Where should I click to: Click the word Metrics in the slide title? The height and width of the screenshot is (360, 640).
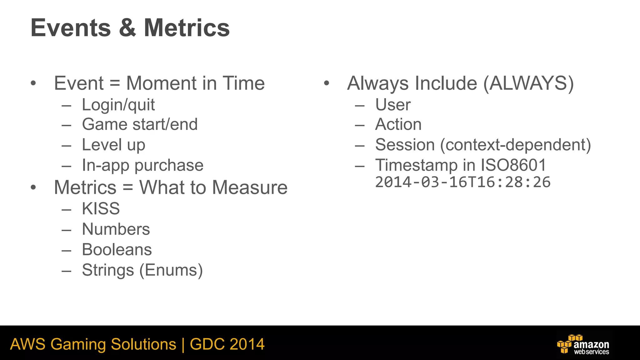coord(187,28)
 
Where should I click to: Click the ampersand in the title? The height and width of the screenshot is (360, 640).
coord(127,28)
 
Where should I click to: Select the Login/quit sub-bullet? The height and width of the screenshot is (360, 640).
coord(118,105)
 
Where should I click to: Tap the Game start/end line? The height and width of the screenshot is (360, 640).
coord(140,124)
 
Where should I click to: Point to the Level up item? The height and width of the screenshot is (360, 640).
coord(113,145)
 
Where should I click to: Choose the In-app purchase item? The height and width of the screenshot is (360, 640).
coord(142,165)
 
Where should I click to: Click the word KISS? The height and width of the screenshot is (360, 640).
coord(101,209)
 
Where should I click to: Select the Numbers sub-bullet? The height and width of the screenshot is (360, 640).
coord(116,229)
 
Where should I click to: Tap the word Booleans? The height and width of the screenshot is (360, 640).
coord(117,250)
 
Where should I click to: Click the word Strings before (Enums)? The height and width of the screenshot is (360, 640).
coord(108,270)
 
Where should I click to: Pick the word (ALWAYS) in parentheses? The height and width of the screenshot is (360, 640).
coord(528,83)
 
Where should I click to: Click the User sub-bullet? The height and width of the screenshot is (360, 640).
coord(393,105)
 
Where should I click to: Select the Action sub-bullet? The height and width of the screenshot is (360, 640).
coord(398,124)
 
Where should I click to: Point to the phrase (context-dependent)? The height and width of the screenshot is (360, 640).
coord(516,145)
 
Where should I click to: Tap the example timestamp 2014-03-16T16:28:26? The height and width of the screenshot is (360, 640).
coord(462,182)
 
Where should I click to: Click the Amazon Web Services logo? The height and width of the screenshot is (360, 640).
coord(583,344)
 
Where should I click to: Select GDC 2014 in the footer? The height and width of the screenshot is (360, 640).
coord(227,344)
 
